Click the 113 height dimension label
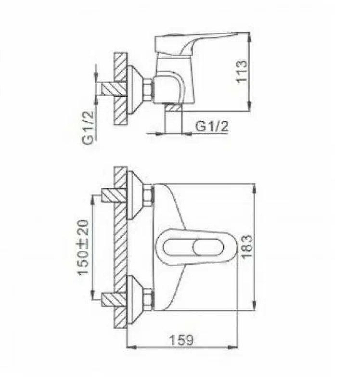pyautogui.click(x=241, y=72)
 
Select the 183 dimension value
pyautogui.click(x=246, y=246)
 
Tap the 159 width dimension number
pyautogui.click(x=181, y=340)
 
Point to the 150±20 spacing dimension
pyautogui.click(x=83, y=247)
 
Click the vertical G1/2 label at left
pyautogui.click(x=88, y=128)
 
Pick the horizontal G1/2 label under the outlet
pyautogui.click(x=212, y=127)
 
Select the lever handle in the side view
pyautogui.click(x=196, y=43)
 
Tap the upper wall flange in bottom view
pyautogui.click(x=135, y=195)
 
